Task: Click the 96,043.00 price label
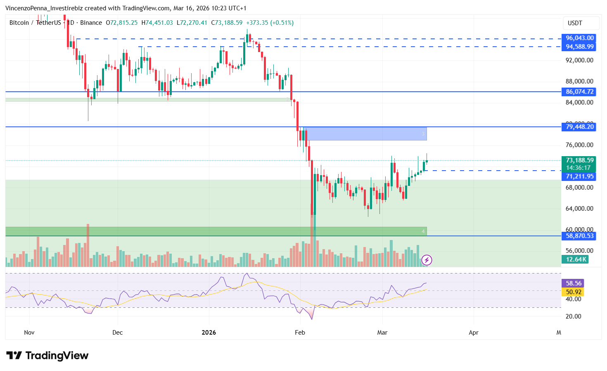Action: (579, 38)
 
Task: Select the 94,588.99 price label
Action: (579, 47)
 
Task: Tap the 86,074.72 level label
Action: (579, 92)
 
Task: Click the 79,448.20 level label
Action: (579, 127)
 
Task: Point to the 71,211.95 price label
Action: (579, 176)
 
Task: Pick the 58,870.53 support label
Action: (579, 236)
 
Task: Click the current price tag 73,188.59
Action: (579, 160)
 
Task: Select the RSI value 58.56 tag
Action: (573, 283)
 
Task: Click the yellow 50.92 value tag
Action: (573, 292)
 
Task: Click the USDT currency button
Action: (575, 23)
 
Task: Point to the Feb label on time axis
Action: (300, 333)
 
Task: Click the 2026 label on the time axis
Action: (209, 333)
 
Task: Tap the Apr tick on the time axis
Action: (473, 333)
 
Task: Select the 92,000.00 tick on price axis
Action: (579, 60)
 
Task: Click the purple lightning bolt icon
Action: (427, 260)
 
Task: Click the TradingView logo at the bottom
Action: (47, 356)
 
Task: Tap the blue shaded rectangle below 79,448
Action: (366, 134)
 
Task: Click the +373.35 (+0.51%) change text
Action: (270, 23)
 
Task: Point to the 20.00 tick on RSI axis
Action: (573, 316)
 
